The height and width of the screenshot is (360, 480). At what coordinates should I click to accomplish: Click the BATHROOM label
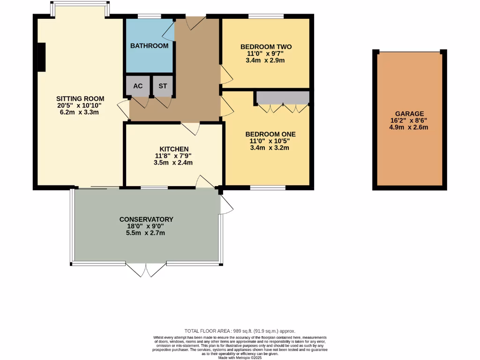pos(149,46)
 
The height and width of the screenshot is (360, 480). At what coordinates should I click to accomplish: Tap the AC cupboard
pos(138,86)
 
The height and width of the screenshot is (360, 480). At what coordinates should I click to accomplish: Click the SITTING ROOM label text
pos(80,98)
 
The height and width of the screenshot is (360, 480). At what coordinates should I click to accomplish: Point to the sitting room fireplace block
pos(41,57)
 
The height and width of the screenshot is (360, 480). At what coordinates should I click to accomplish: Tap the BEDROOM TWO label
pos(266,47)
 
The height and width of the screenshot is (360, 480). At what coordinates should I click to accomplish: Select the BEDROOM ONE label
pos(270,134)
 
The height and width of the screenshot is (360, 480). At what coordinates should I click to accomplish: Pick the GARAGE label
pos(409,113)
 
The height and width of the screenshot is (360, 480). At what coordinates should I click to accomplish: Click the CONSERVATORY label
pos(146,219)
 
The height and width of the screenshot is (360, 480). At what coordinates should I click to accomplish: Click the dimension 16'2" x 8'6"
pos(409,120)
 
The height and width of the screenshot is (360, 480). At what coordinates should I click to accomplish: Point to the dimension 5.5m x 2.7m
pos(146,233)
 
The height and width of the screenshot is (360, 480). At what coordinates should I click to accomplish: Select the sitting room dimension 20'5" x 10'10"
pos(80,105)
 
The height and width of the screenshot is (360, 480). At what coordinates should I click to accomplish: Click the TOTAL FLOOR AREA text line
pos(240,331)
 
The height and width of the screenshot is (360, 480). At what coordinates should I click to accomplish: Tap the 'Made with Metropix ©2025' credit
pos(240,358)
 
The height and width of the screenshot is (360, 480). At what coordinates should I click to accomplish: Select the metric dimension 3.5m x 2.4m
pos(173,163)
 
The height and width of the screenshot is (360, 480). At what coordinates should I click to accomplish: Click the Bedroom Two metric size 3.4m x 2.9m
pos(266,60)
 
